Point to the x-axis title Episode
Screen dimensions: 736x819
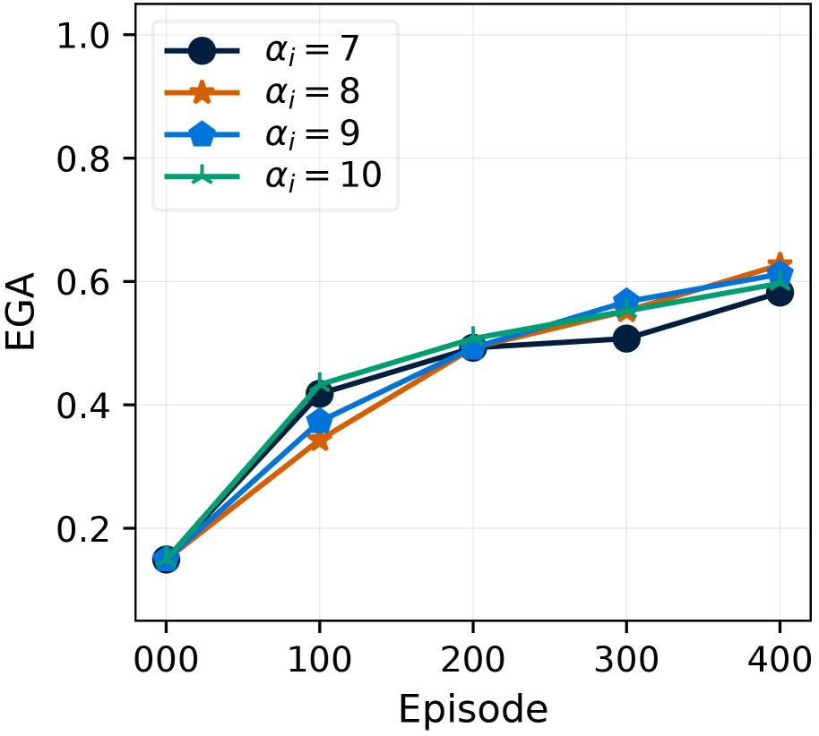pos(472,709)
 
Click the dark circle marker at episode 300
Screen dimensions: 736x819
pos(626,338)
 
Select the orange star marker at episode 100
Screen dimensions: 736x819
pos(319,440)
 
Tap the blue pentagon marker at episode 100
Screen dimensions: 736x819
pos(319,421)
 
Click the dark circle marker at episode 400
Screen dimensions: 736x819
pos(780,293)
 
